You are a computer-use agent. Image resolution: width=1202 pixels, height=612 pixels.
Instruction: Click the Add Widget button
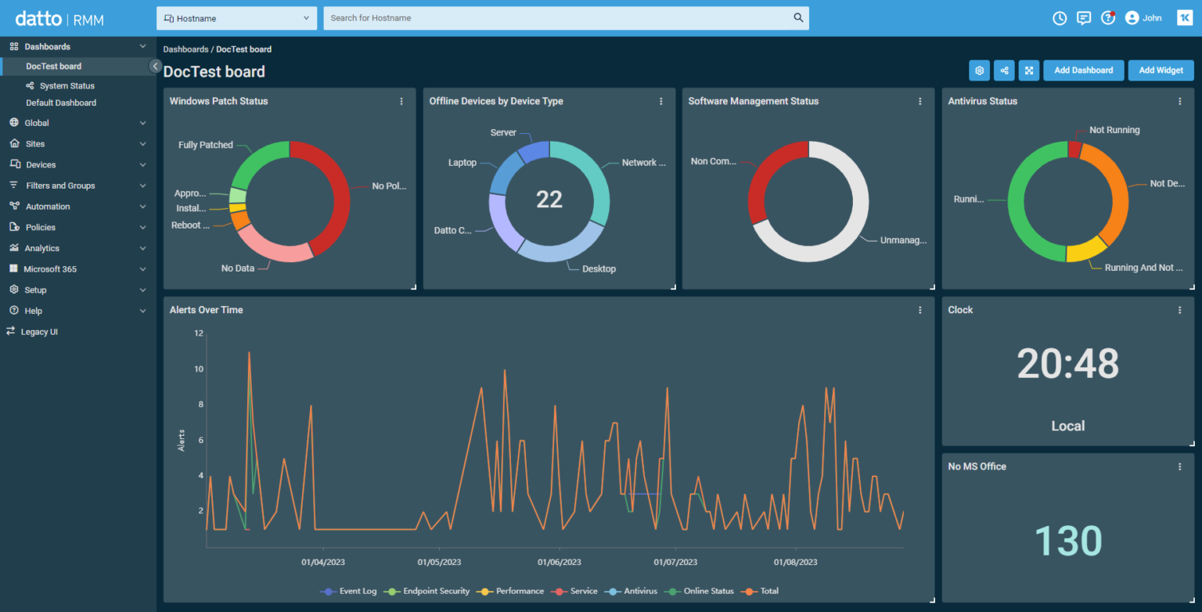[1161, 70]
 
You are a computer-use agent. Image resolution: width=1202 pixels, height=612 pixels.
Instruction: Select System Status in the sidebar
[67, 86]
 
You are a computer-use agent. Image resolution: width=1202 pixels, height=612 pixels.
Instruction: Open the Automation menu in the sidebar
[48, 207]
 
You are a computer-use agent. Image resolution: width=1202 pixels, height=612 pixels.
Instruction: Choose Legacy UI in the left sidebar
[39, 332]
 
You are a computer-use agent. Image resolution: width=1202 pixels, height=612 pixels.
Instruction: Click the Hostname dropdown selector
[236, 18]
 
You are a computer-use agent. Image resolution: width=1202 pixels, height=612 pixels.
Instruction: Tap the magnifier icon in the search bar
[798, 18]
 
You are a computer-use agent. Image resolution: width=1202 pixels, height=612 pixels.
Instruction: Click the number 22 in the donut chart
[549, 200]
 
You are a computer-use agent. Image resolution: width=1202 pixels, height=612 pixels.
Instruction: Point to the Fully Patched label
[205, 145]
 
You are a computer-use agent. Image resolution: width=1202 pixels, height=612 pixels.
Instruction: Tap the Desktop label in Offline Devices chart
[599, 269]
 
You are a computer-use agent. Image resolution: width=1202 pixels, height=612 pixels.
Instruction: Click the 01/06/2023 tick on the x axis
[560, 562]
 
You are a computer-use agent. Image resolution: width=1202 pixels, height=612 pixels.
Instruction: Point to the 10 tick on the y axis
[199, 369]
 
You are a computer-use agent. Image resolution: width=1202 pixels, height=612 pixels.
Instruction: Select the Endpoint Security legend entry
[436, 592]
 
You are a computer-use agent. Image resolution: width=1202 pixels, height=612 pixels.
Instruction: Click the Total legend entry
[769, 592]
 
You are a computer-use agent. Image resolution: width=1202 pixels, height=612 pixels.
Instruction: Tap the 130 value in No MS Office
[1068, 542]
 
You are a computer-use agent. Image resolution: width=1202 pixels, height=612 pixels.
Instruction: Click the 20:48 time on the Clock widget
[1068, 364]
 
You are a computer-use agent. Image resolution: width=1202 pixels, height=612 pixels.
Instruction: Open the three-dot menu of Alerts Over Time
[920, 310]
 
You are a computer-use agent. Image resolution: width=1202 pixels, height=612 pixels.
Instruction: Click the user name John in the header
[1152, 18]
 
